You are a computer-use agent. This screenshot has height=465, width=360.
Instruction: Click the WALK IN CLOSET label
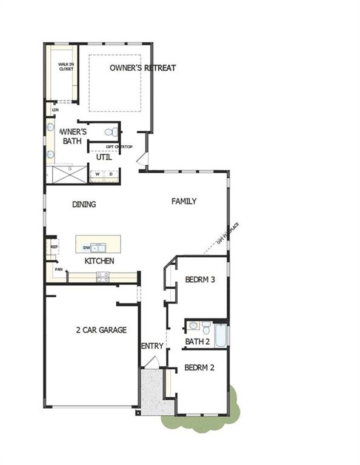65,66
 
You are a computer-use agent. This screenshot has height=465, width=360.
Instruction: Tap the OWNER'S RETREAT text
142,68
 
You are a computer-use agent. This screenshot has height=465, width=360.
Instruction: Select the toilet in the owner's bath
112,131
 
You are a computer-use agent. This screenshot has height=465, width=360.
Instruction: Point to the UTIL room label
104,157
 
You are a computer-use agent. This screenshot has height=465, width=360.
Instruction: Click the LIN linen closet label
55,110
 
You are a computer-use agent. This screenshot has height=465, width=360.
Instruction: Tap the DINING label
84,205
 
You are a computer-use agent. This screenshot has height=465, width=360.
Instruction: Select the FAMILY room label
184,201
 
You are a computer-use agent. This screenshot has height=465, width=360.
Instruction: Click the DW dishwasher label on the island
86,247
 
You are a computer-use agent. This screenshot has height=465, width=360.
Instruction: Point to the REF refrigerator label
54,247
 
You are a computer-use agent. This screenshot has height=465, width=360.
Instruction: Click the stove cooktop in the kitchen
102,277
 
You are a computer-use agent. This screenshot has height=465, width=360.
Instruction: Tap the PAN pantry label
59,269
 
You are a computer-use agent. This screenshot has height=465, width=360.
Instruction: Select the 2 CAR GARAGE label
101,330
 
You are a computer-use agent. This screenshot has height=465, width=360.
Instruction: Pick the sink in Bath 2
193,326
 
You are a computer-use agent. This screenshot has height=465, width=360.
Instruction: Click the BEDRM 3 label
200,280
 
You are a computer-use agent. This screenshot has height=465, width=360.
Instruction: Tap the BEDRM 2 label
199,368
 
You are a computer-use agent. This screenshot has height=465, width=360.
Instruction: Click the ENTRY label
152,346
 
